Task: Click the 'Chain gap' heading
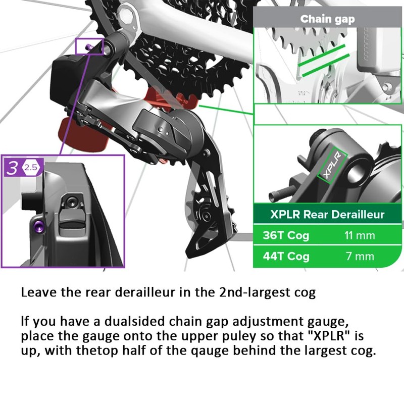coord(328,19)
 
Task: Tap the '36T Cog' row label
coord(286,235)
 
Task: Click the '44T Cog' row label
coord(286,256)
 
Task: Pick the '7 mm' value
coord(360,256)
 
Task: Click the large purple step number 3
coord(12,168)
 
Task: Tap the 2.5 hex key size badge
coord(31,168)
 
